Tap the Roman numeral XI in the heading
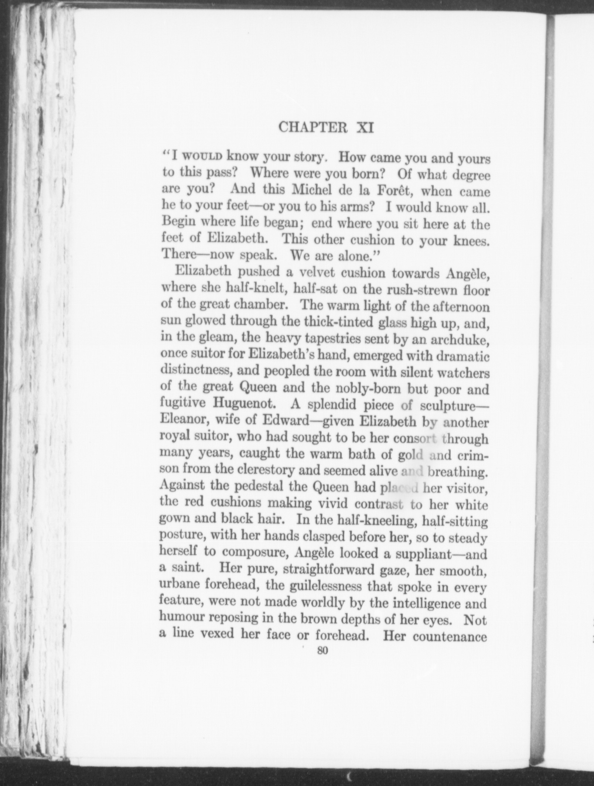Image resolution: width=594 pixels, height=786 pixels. coord(364,128)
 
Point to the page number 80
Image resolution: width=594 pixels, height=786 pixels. coord(322,652)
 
